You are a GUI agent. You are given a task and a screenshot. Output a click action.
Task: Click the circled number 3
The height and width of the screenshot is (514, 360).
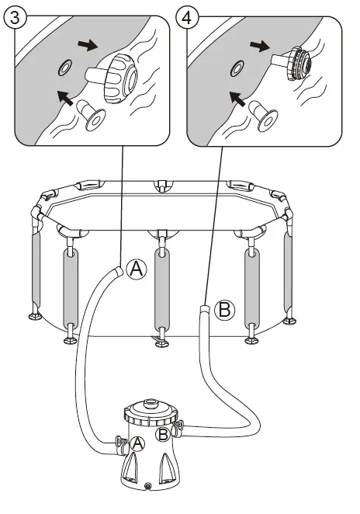coord(15,17)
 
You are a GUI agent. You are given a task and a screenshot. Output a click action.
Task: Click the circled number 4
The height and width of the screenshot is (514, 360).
coord(187,17)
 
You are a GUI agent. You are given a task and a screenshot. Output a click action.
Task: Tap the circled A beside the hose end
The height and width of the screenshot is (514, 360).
coord(137,269)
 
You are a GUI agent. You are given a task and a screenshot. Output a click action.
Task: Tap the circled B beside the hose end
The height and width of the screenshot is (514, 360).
coord(225,310)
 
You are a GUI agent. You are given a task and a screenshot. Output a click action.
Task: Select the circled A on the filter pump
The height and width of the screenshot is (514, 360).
coord(137,444)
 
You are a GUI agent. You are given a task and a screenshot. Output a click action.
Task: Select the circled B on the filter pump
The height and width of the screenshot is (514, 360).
coord(162,435)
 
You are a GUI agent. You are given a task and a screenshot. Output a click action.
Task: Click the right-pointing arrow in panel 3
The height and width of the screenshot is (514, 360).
coord(88,46)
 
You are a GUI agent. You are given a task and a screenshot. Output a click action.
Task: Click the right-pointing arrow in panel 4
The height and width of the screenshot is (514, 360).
coord(260,47)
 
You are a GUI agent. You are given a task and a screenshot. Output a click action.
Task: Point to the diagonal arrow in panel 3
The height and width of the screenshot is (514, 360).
coord(65,98)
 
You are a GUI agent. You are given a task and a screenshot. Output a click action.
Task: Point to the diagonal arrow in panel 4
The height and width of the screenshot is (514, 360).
coord(237,99)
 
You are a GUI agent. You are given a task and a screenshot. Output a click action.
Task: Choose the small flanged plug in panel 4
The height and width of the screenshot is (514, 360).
coord(263,116)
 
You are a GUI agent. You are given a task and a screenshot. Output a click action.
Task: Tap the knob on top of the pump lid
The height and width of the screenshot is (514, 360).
coord(151,402)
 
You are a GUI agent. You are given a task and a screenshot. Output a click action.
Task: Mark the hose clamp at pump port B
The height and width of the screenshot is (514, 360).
coord(178,429)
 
